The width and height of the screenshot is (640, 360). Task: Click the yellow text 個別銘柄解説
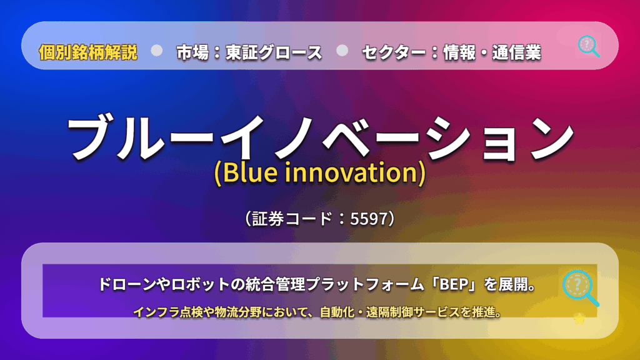(x=88, y=52)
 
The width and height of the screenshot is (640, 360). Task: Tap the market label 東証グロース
(x=274, y=52)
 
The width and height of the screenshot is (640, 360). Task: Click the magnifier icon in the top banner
(x=589, y=46)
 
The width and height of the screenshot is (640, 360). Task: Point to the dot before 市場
(x=157, y=51)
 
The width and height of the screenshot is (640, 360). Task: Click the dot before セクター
(x=342, y=51)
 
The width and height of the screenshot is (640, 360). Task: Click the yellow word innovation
(x=351, y=172)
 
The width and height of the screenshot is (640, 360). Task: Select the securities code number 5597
(x=369, y=219)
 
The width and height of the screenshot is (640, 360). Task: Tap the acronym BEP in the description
(x=454, y=284)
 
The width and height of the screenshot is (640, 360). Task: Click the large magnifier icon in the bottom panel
(x=580, y=287)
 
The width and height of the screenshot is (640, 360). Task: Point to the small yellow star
(x=579, y=318)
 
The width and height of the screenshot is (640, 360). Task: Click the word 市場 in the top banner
(x=192, y=52)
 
